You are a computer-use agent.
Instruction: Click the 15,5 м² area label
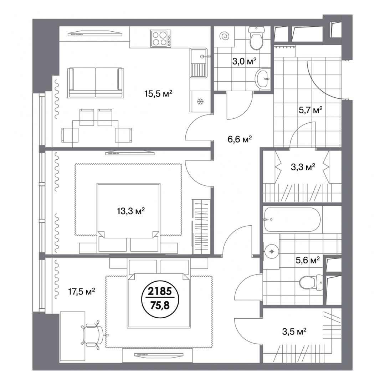(x=158, y=93)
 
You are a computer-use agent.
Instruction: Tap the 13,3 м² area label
(x=131, y=211)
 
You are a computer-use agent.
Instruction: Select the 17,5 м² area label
(x=82, y=292)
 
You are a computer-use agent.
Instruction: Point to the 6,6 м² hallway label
(x=240, y=139)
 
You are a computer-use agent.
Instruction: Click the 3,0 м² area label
(x=244, y=61)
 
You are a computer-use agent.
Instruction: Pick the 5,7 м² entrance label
(x=310, y=110)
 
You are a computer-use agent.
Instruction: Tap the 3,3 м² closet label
(x=303, y=167)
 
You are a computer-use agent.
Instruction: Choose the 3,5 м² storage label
(x=294, y=332)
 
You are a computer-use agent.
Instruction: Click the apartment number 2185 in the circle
(x=160, y=292)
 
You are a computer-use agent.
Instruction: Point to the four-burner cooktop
(x=161, y=38)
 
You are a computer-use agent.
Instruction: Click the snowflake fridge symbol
(x=201, y=101)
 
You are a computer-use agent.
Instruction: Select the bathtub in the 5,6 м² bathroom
(x=292, y=220)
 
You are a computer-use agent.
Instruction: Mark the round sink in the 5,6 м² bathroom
(x=272, y=251)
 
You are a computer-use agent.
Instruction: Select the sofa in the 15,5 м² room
(x=96, y=82)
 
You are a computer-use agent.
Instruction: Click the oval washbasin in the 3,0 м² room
(x=262, y=78)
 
